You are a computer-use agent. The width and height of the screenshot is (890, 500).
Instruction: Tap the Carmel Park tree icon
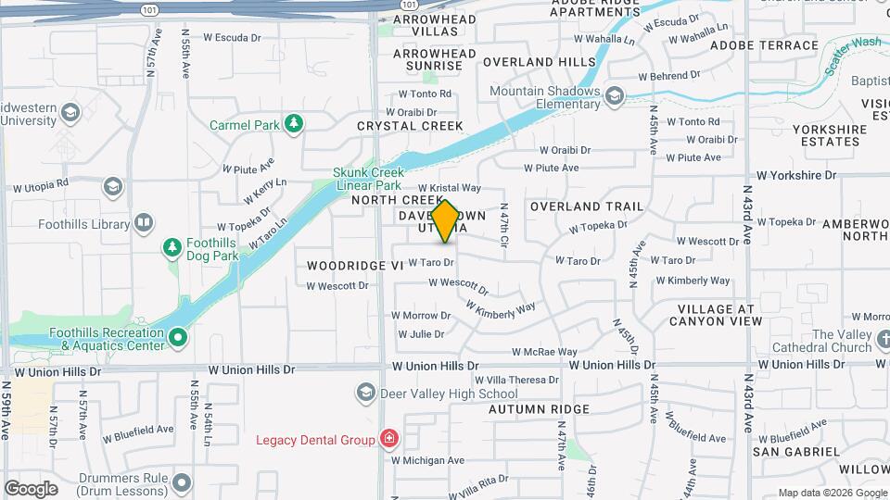tap(294, 123)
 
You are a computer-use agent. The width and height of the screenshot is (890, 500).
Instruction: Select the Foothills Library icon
tap(143, 223)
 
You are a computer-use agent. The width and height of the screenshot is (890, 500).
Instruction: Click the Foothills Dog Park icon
tap(172, 247)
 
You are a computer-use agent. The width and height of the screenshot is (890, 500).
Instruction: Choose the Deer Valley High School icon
tap(365, 394)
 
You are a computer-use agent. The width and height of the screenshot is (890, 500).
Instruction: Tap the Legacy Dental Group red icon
tap(389, 438)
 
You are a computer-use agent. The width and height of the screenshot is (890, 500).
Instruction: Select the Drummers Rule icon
tap(182, 483)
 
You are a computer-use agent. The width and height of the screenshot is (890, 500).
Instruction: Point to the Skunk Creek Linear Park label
tap(366, 179)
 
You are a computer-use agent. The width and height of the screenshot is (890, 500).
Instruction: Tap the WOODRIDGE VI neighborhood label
tap(356, 265)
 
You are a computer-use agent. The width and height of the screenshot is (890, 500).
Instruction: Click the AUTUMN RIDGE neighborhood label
tap(539, 409)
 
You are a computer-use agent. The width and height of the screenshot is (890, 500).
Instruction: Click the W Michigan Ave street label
tap(426, 460)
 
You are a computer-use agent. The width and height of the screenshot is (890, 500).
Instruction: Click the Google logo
tap(31, 488)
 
